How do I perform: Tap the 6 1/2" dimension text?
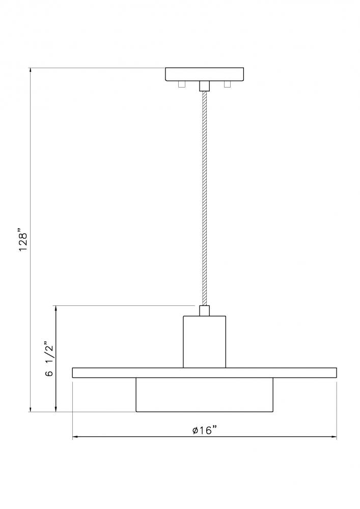click(49, 358)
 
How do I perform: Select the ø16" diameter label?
click(204, 430)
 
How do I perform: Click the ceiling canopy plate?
click(205, 74)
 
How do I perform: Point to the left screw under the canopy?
click(181, 84)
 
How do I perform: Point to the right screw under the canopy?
click(227, 84)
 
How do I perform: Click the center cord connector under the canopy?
click(205, 86)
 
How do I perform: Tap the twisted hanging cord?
click(205, 199)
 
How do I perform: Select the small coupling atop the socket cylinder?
click(205, 310)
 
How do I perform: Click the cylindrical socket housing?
click(205, 342)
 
